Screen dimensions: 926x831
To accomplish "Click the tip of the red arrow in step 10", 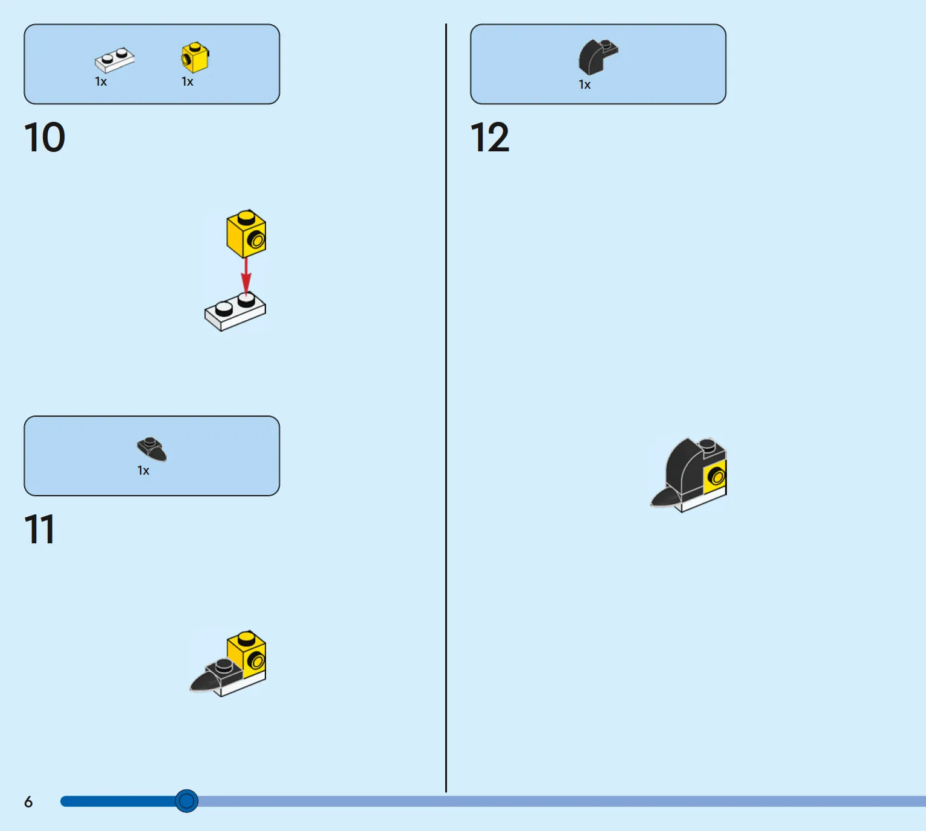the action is click(x=246, y=295).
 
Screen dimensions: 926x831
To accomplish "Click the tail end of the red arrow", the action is click(x=246, y=258).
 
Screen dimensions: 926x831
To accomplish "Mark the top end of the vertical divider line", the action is click(x=446, y=24).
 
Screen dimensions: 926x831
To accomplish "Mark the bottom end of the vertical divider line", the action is click(x=446, y=792).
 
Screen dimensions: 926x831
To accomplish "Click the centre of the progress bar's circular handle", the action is click(x=186, y=801).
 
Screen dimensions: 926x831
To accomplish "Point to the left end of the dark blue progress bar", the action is click(x=62, y=801).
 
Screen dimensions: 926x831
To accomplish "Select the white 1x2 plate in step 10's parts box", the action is click(x=114, y=60).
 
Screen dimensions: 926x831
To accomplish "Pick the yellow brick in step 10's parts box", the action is click(x=195, y=57).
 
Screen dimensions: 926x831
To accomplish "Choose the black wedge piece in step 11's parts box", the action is click(x=152, y=449).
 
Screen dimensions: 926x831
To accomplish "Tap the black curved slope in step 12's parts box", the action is click(x=598, y=57).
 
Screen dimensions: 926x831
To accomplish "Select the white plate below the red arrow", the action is click(x=235, y=312).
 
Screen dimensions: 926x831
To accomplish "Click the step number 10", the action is click(x=44, y=137).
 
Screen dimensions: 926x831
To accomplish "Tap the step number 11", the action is click(x=39, y=529).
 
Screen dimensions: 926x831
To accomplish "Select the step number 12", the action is click(x=489, y=137).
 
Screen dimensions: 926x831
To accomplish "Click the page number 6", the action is click(x=28, y=802).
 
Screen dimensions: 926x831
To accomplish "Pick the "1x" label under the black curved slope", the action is click(x=585, y=84).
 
